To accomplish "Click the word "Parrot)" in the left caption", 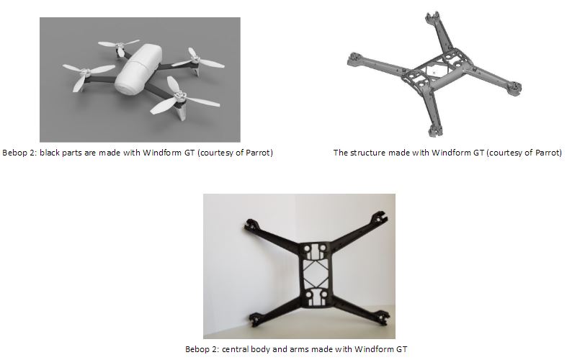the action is pos(259,153).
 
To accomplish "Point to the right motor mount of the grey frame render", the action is pos(514,87).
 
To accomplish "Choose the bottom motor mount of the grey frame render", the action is pos(435,130).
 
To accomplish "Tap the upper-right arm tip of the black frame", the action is pos(380,216).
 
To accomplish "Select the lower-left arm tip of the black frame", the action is pos(256,319).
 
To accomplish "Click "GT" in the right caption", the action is pos(478,153).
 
